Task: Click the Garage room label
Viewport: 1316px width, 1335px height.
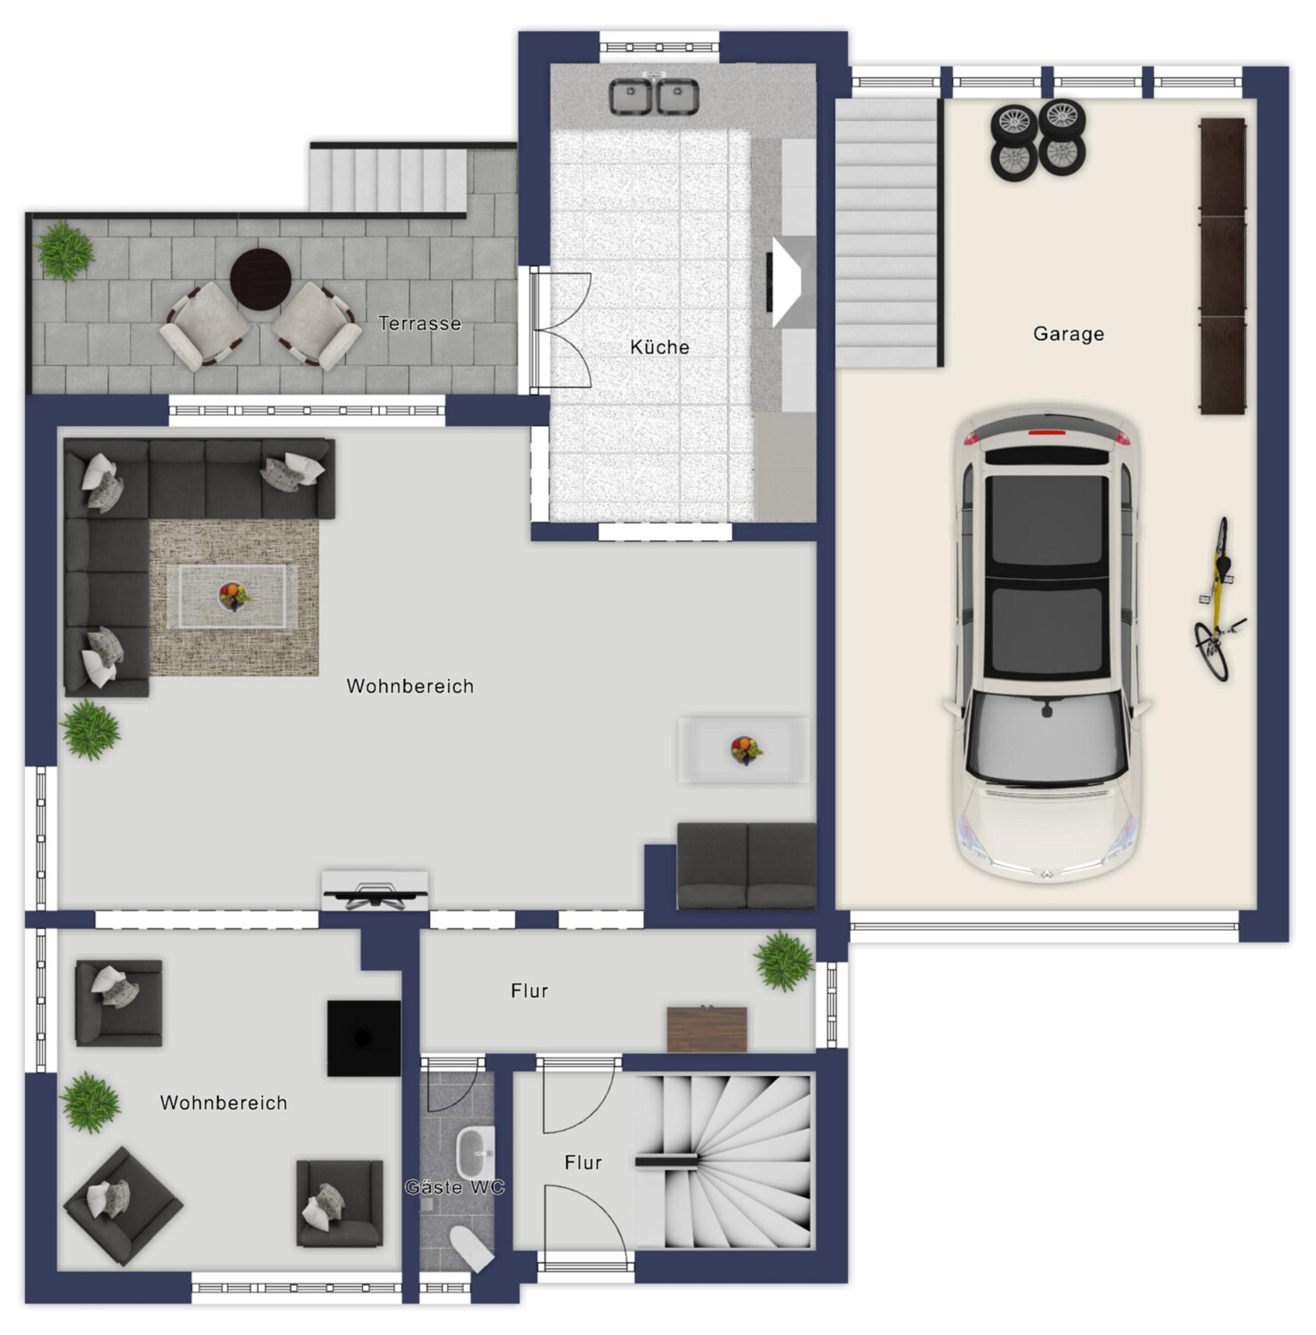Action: pos(1068,334)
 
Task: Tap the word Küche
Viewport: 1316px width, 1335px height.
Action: pos(659,347)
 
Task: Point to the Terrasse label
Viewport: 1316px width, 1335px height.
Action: pos(419,323)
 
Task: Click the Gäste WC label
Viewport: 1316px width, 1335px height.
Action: pos(455,1187)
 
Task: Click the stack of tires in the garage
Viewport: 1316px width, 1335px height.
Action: pos(1038,141)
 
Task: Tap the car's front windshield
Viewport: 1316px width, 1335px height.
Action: pos(1046,737)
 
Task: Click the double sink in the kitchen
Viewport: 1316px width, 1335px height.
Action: pos(654,95)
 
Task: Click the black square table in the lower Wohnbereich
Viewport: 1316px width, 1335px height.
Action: pos(363,1038)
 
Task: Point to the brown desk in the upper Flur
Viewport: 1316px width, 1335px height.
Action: pos(706,1028)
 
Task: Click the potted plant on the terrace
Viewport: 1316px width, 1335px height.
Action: pos(65,251)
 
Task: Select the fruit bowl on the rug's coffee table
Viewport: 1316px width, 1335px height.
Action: pos(232,595)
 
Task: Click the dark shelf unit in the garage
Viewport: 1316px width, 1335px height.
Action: pos(1223,266)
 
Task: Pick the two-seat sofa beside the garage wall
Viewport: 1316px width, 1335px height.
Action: pos(747,866)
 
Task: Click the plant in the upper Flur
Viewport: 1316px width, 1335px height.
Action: pos(784,961)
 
